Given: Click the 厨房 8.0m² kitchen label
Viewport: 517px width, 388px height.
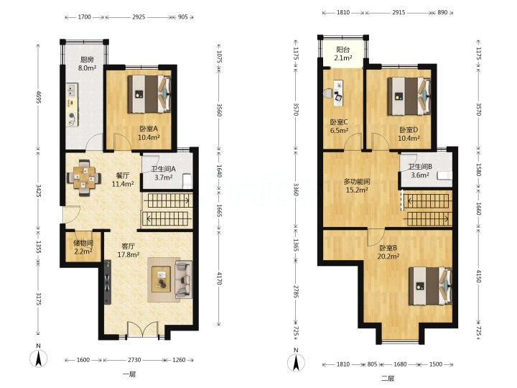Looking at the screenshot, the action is pyautogui.click(x=87, y=64).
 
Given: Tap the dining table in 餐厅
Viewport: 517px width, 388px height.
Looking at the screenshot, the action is pyautogui.click(x=84, y=178).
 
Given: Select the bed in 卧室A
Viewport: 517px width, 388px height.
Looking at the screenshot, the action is pyautogui.click(x=149, y=94).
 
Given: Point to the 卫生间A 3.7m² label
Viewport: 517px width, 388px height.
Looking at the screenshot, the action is pyautogui.click(x=164, y=173).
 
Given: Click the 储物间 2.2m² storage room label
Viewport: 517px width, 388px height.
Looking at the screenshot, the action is pyautogui.click(x=83, y=247).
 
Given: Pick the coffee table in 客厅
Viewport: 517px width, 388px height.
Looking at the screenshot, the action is pyautogui.click(x=162, y=279).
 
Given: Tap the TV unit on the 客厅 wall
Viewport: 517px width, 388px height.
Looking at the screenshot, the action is pyautogui.click(x=108, y=282).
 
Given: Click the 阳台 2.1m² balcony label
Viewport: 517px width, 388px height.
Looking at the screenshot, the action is pyautogui.click(x=343, y=54).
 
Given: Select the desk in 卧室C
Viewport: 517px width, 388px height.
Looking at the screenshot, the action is pyautogui.click(x=339, y=93).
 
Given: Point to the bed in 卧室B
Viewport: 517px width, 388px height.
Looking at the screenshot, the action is pyautogui.click(x=430, y=286).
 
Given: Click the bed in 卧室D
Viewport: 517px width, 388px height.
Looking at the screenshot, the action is pyautogui.click(x=409, y=96).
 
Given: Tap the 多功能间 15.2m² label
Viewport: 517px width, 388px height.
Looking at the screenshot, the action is pyautogui.click(x=357, y=186).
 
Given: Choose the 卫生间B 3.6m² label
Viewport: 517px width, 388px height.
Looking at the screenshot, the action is pyautogui.click(x=420, y=171).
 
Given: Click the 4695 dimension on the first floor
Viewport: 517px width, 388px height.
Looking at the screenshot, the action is pyautogui.click(x=38, y=97).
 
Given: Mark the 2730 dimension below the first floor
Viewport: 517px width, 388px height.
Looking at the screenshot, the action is pyautogui.click(x=134, y=360).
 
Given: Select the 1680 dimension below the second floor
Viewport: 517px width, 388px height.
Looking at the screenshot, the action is pyautogui.click(x=400, y=364).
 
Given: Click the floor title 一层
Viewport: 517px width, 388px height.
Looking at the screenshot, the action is pyautogui.click(x=129, y=374).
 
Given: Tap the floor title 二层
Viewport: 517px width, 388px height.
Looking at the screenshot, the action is pyautogui.click(x=388, y=378).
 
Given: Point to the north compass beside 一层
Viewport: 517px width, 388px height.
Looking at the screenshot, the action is pyautogui.click(x=39, y=356).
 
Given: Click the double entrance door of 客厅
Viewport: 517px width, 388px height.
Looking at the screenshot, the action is pyautogui.click(x=142, y=329).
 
